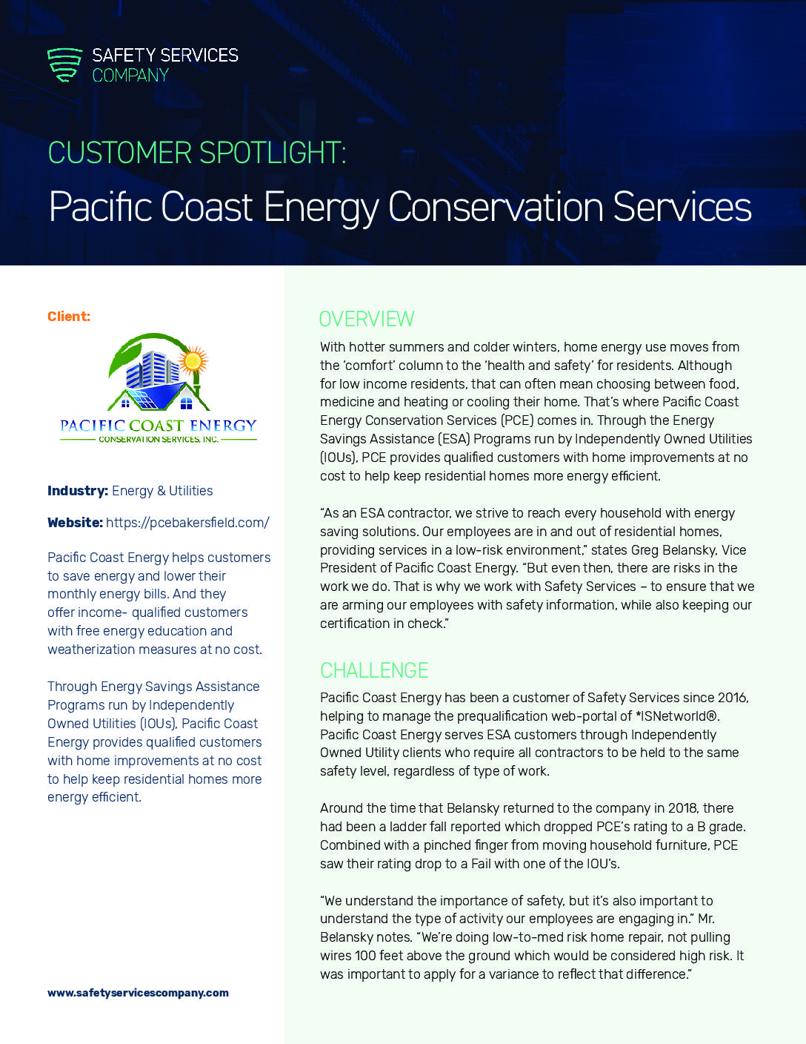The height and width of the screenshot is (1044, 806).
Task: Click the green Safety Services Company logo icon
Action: point(64,65)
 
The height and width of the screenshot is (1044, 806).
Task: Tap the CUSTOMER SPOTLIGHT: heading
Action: point(197,153)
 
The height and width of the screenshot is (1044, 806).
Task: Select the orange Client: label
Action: point(69,317)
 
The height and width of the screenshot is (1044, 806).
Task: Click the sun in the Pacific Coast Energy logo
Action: point(193,361)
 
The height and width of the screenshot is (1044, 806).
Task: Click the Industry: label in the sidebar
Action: point(77,491)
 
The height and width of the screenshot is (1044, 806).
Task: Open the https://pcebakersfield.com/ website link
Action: point(187,523)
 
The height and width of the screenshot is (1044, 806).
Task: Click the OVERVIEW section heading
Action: point(366,319)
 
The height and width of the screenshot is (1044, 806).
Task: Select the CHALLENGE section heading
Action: point(374,670)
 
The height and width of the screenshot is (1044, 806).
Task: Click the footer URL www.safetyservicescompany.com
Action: point(138,993)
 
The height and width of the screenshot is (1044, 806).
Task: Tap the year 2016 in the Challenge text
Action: point(732,698)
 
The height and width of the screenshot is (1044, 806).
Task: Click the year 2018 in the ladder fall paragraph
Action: point(683,808)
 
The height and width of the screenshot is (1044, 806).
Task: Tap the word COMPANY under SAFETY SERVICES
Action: point(130,76)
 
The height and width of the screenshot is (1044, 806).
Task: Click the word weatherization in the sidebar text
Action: point(90,650)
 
